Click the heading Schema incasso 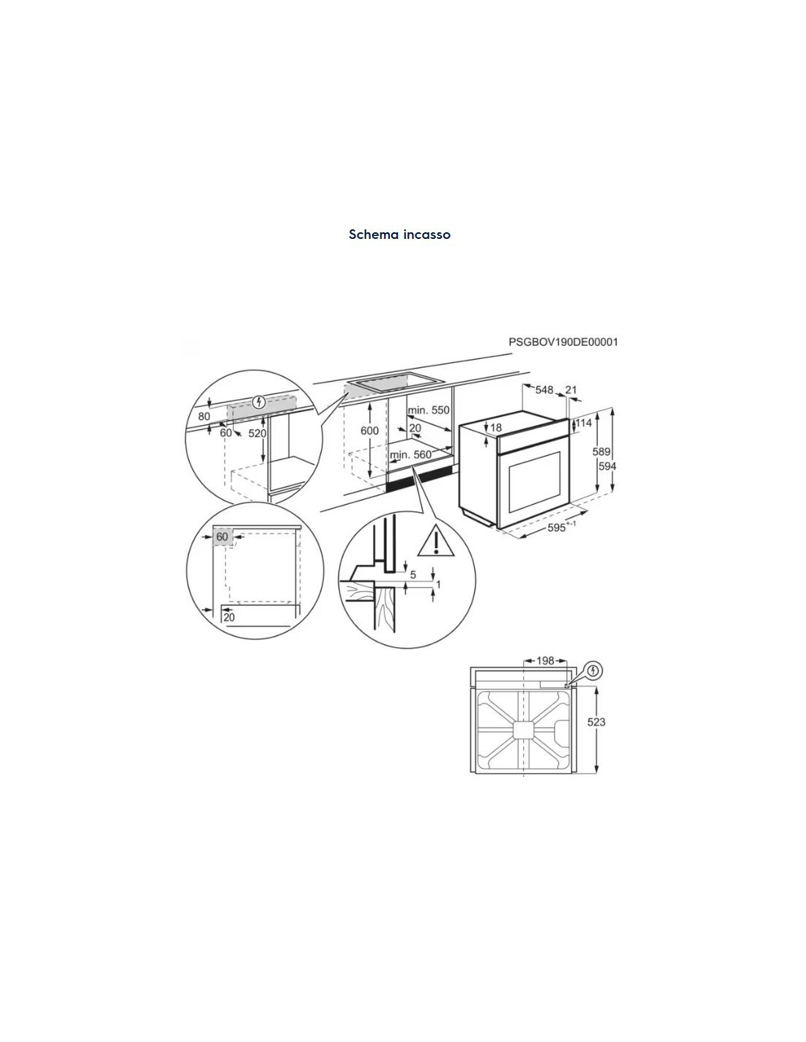click(x=399, y=234)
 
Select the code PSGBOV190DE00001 click(x=563, y=342)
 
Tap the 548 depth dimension click(x=544, y=390)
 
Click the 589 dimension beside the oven click(x=602, y=451)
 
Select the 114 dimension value click(x=583, y=423)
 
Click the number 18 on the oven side click(x=496, y=427)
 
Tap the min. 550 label click(x=429, y=410)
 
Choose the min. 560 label click(x=411, y=454)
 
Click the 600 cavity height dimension click(x=370, y=431)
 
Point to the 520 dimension click(x=257, y=433)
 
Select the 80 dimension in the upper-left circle click(x=204, y=416)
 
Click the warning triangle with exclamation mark click(x=435, y=542)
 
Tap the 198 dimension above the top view click(x=545, y=661)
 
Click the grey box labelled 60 click(x=223, y=537)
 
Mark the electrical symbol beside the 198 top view click(x=593, y=670)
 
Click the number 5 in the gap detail click(x=413, y=574)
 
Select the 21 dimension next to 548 click(x=571, y=390)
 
